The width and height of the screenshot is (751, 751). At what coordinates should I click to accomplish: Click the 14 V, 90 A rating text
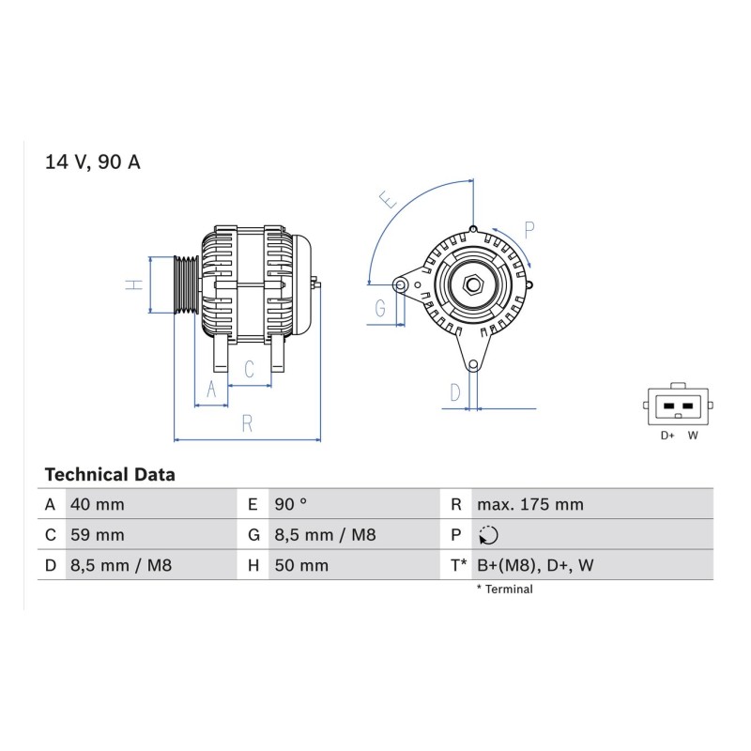92,161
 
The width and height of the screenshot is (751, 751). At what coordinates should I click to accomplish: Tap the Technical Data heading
110,475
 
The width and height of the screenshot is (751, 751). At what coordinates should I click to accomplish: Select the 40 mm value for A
98,504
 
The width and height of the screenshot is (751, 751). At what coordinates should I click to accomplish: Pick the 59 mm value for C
98,534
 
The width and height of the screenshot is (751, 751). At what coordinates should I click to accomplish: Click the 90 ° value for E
291,504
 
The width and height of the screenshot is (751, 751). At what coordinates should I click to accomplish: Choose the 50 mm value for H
301,565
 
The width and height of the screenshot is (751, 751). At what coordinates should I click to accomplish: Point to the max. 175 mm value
530,504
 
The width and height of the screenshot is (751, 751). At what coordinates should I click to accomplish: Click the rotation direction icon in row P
488,535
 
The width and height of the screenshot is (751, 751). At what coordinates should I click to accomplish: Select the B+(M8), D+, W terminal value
535,565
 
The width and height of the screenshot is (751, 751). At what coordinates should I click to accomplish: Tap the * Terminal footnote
504,590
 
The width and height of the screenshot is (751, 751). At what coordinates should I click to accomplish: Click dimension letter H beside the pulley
134,284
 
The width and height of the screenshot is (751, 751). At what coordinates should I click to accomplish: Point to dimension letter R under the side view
247,423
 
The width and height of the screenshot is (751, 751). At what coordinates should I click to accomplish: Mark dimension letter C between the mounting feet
249,369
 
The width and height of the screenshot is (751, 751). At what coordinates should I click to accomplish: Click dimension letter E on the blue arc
388,199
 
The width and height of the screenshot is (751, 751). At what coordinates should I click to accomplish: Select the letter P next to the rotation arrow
529,230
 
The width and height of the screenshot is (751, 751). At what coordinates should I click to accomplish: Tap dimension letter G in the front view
380,308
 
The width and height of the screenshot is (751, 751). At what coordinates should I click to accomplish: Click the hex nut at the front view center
473,285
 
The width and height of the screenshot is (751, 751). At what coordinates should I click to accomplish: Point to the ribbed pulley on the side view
186,285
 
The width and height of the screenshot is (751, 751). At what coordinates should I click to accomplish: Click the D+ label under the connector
667,436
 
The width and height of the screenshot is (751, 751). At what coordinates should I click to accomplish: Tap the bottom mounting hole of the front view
473,365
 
